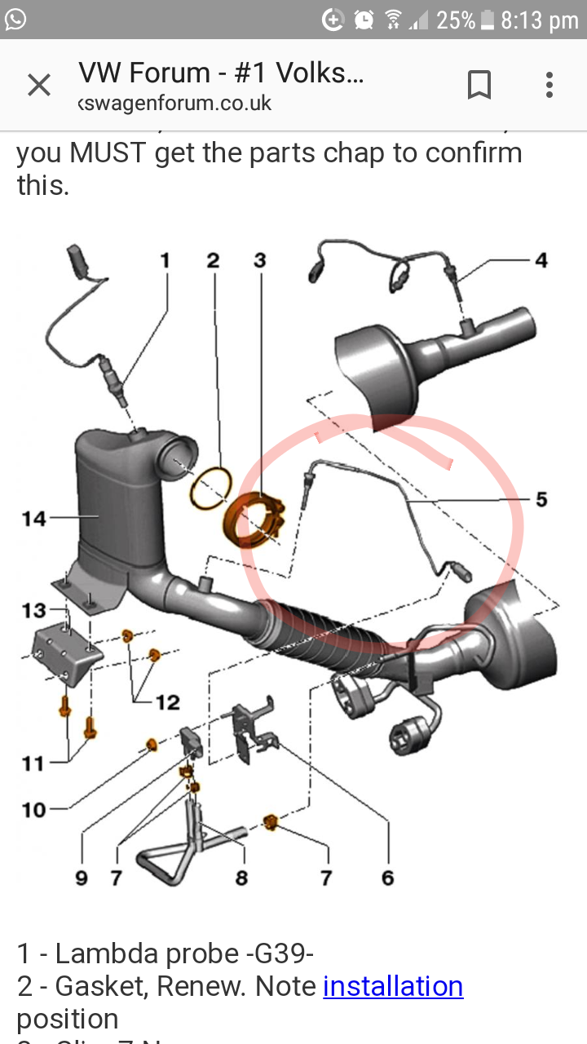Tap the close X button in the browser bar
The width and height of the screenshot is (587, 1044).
[x=39, y=85]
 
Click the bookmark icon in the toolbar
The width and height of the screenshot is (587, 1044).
[x=479, y=85]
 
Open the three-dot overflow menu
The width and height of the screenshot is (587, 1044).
[x=549, y=85]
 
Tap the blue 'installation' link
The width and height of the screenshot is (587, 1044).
[x=393, y=987]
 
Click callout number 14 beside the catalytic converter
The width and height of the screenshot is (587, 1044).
[x=33, y=517]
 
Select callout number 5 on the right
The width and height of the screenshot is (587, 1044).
[x=541, y=498]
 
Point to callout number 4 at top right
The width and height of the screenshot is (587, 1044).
[x=541, y=260]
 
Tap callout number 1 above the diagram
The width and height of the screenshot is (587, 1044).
[x=166, y=260]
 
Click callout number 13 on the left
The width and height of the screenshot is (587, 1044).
[x=33, y=610]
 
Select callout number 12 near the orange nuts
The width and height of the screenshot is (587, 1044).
[x=167, y=702]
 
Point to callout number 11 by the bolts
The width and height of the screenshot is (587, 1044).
[x=33, y=763]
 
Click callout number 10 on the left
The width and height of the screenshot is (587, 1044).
[x=33, y=809]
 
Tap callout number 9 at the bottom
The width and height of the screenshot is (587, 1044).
[x=82, y=878]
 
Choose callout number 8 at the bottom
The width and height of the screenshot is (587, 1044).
[x=241, y=878]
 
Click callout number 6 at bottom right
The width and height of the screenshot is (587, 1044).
[x=387, y=878]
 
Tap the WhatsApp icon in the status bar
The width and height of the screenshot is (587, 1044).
[x=15, y=19]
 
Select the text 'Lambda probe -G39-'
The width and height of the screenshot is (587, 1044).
[x=184, y=953]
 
